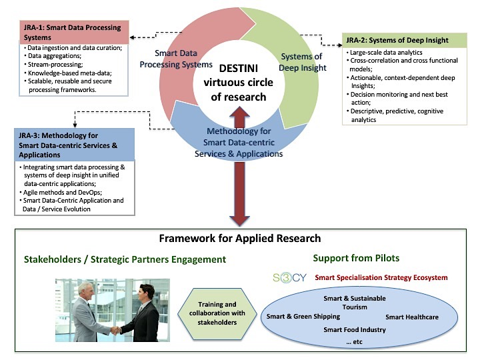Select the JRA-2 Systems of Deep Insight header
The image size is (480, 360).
[x=397, y=40]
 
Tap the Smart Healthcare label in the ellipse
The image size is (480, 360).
[x=411, y=317]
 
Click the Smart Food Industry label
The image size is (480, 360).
[x=354, y=329]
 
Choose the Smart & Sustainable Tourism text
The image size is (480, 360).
[x=354, y=303]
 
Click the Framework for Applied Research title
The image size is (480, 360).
[x=240, y=239]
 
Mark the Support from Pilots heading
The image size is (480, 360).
[x=357, y=257]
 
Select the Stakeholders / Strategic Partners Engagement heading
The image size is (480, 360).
[x=125, y=259]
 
